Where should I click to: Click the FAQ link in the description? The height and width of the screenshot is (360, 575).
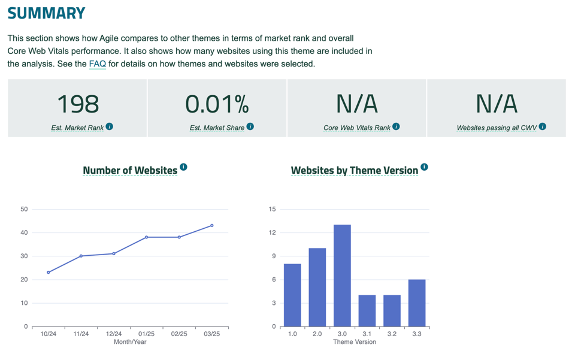[x=97, y=64]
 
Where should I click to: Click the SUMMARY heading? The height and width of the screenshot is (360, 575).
[x=46, y=13]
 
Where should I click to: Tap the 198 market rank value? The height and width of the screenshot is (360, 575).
[x=78, y=104]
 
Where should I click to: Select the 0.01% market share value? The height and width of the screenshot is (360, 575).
[x=217, y=104]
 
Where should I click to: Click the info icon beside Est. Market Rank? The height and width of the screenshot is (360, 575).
[x=110, y=126]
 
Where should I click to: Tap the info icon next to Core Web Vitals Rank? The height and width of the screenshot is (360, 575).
[x=396, y=126]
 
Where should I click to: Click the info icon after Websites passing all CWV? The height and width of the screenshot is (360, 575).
[x=542, y=126]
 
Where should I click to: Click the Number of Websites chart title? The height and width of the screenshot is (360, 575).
[x=130, y=171]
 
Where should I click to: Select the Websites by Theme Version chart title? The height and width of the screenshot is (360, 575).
[x=354, y=171]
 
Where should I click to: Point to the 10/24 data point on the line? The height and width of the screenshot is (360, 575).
[x=49, y=273]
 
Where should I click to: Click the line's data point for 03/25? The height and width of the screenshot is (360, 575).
[x=212, y=226]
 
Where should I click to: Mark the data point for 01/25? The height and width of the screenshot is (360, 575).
[x=147, y=237]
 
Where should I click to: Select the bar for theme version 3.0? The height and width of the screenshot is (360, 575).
[x=342, y=276]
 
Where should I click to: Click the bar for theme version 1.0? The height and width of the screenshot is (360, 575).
[x=292, y=295]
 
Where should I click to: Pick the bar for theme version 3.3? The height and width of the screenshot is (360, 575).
[x=417, y=303]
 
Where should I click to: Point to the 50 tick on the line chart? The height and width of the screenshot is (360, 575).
[x=24, y=209]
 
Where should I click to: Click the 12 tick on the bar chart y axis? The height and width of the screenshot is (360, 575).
[x=273, y=232]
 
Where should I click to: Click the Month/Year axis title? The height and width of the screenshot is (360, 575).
[x=130, y=342]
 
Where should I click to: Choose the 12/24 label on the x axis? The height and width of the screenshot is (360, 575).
[x=114, y=334]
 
